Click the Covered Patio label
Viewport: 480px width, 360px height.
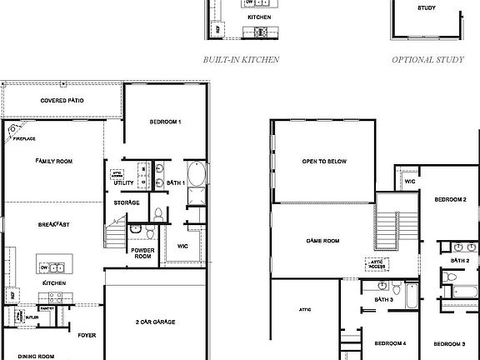click(x=62, y=102)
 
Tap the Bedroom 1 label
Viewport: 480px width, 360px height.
click(x=165, y=122)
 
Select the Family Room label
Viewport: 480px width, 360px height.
click(x=54, y=161)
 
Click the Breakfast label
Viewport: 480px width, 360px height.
click(x=53, y=225)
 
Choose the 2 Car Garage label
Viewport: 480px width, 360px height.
click(x=155, y=322)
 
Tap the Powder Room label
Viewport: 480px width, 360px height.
click(x=142, y=253)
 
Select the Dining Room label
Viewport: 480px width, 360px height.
click(x=37, y=356)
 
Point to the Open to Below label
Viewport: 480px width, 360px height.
click(x=324, y=161)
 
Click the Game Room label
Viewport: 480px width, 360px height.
click(x=323, y=241)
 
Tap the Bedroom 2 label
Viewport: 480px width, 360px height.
click(x=450, y=200)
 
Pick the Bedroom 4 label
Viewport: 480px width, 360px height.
click(x=390, y=343)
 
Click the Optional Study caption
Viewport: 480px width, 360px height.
click(x=428, y=60)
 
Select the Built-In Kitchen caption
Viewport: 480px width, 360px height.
click(x=241, y=60)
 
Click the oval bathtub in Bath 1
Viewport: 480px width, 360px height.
click(x=196, y=175)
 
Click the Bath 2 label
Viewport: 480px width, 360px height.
click(x=461, y=261)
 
